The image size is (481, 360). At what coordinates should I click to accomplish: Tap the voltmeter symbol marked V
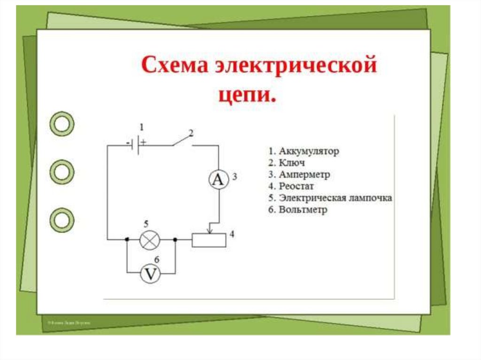150,274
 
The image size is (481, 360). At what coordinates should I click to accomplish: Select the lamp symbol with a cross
150,240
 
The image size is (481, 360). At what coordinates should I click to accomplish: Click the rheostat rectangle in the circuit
209,240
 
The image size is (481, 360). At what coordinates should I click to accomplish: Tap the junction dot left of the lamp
127,240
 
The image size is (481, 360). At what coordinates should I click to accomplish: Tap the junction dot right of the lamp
175,240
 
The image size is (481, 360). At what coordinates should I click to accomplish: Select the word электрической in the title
295,65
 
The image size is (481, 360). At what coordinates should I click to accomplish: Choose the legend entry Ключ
292,163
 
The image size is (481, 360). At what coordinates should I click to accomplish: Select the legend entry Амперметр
304,175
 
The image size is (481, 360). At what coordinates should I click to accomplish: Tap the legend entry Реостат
296,186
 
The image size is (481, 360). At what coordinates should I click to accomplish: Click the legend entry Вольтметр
303,210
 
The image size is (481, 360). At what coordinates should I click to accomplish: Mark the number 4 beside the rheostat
232,234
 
